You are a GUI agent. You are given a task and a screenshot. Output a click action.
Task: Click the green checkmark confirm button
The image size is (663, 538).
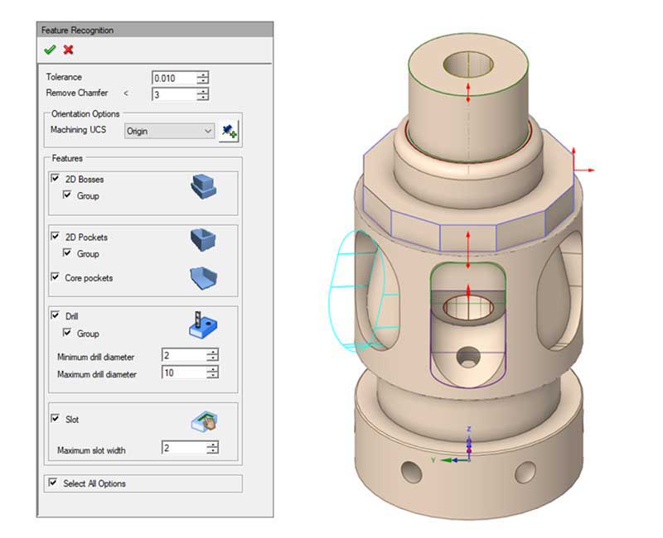coord(51,50)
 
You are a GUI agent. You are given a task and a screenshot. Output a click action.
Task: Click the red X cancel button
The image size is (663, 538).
coord(68,50)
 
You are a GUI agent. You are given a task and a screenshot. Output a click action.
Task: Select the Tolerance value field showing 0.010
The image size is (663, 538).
coord(174,78)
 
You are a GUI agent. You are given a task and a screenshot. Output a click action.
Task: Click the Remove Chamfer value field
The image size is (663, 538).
coord(174,94)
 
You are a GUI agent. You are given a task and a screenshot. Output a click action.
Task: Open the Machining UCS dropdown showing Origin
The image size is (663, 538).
coord(169,131)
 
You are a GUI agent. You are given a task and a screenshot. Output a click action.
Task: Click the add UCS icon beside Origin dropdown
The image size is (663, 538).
coord(230,131)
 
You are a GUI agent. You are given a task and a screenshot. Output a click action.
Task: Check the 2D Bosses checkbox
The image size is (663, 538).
coord(56,179)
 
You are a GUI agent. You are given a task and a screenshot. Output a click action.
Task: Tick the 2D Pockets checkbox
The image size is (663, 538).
coord(56,237)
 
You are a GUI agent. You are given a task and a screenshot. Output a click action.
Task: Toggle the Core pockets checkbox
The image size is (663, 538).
coord(56,277)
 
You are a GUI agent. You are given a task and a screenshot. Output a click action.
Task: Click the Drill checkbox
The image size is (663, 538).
coord(56,316)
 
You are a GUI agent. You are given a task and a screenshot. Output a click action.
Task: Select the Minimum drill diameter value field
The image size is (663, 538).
coord(183,356)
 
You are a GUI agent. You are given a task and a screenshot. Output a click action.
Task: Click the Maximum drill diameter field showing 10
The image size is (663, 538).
coord(183,373)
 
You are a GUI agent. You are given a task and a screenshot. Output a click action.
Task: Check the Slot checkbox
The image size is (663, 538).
coord(56,419)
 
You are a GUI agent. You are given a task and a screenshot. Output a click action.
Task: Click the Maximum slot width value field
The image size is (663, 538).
coord(183,449)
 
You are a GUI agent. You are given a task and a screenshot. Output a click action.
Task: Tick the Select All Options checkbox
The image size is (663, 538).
coord(54,483)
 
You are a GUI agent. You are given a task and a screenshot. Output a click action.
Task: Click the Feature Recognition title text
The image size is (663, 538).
coord(78,31)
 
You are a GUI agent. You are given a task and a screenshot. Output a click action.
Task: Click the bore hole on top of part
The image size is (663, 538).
coord(468,63)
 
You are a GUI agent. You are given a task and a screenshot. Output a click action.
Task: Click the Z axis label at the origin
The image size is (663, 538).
coord(469,429)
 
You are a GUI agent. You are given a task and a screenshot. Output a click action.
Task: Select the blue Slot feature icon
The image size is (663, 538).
coord(202,424)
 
